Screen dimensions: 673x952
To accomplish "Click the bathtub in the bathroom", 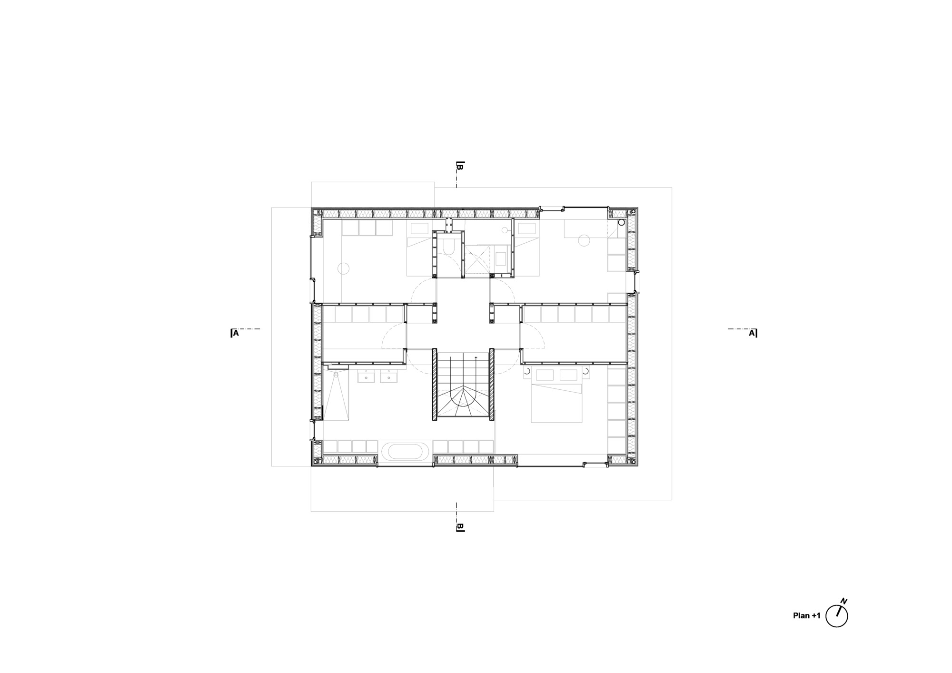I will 406,451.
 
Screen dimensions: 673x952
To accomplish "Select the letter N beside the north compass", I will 844,601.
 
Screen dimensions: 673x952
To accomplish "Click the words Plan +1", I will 807,615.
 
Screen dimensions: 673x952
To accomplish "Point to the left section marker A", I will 235,333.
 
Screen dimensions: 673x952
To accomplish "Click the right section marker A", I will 753,333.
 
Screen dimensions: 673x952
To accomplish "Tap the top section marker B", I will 459,166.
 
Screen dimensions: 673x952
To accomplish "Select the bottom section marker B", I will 459,527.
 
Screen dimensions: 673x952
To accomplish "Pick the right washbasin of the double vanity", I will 389,378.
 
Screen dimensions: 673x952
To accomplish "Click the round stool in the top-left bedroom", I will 344,269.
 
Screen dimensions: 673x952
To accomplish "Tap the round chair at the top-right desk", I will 584,241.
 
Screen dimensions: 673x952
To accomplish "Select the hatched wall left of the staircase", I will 434,385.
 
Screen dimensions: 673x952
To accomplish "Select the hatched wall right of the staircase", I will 492,385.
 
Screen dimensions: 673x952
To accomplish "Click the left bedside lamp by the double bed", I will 526,371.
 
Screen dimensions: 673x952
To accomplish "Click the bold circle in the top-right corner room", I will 621,222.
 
